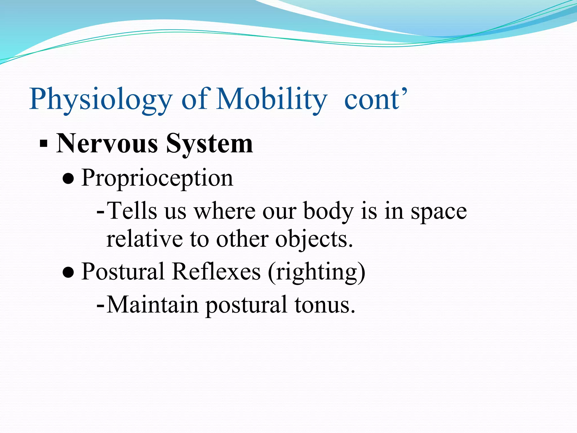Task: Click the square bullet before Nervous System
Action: coord(43,144)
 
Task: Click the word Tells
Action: coord(132,211)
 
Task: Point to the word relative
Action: coord(144,239)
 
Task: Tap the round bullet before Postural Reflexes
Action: coord(68,272)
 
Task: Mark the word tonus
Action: coord(325,305)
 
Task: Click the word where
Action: coord(225,211)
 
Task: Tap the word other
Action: coord(242,239)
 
